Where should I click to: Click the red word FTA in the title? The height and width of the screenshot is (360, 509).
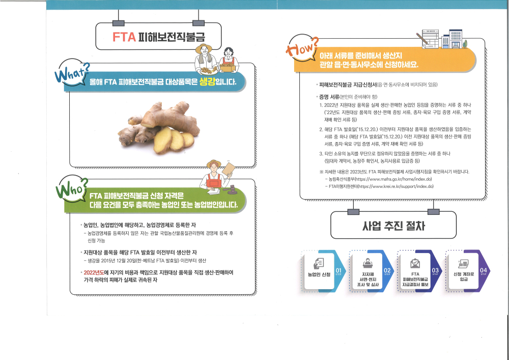coord(124,37)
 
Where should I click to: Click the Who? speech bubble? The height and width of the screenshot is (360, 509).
coord(72,190)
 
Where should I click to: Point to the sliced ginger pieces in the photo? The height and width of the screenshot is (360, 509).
coord(174,140)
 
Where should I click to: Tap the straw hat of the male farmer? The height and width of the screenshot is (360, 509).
coord(204,48)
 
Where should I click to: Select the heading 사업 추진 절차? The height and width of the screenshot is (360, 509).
coord(393,226)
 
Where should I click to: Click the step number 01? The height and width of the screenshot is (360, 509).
coord(338,270)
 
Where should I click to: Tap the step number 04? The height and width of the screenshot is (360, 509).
coord(484,270)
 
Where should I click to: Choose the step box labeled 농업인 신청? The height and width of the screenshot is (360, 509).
coord(319,271)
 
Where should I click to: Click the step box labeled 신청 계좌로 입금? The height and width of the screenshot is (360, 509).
coord(464,271)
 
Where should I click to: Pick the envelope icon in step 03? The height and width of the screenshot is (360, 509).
coord(415,263)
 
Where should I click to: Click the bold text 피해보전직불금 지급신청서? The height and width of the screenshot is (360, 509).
coord(347,85)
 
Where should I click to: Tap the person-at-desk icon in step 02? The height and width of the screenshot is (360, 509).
coord(367,263)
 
